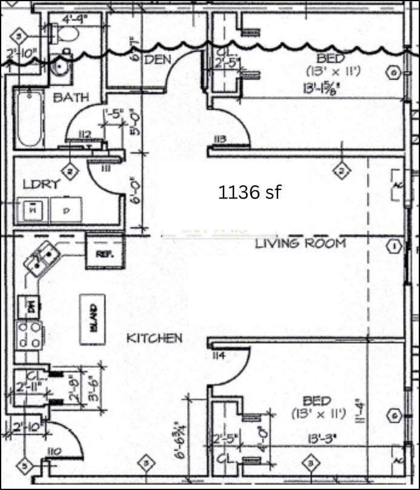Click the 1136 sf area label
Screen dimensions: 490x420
tap(249, 192)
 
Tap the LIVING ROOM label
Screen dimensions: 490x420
tap(300, 243)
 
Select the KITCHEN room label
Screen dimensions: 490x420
tap(154, 338)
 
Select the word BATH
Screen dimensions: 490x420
tap(71, 97)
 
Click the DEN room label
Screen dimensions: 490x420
tap(157, 59)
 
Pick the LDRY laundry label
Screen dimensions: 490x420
tap(41, 184)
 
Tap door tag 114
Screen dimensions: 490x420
tap(219, 356)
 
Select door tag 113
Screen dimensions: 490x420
tap(219, 139)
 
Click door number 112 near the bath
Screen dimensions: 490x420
tap(84, 134)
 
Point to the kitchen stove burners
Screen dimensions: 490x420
tap(29, 334)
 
